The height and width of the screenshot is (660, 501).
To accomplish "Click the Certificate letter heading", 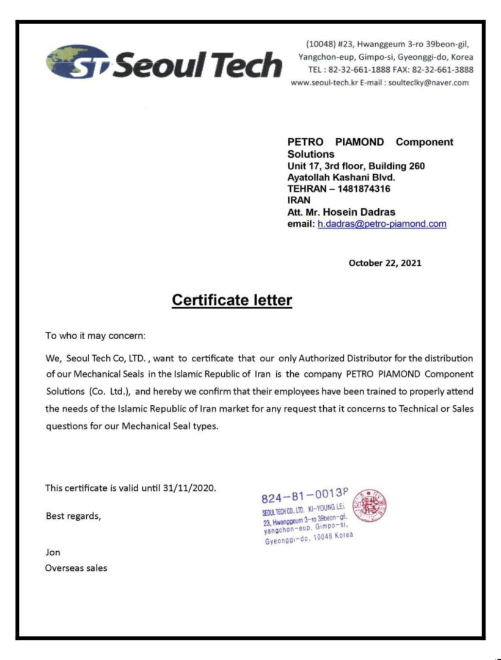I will click(232, 300).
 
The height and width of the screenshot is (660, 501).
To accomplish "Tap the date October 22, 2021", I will click(384, 263).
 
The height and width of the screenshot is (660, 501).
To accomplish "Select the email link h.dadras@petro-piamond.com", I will click(382, 224).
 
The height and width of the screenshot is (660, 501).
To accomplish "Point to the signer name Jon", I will click(53, 552).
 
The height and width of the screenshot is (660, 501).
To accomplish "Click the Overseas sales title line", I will click(76, 568).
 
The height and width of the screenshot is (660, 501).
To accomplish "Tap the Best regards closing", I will click(73, 516).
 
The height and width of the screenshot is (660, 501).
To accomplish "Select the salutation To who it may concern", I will click(96, 335).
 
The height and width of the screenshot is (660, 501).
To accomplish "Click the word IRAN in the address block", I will click(299, 200).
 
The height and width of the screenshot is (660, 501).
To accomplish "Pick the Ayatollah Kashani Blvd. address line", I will click(341, 177).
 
